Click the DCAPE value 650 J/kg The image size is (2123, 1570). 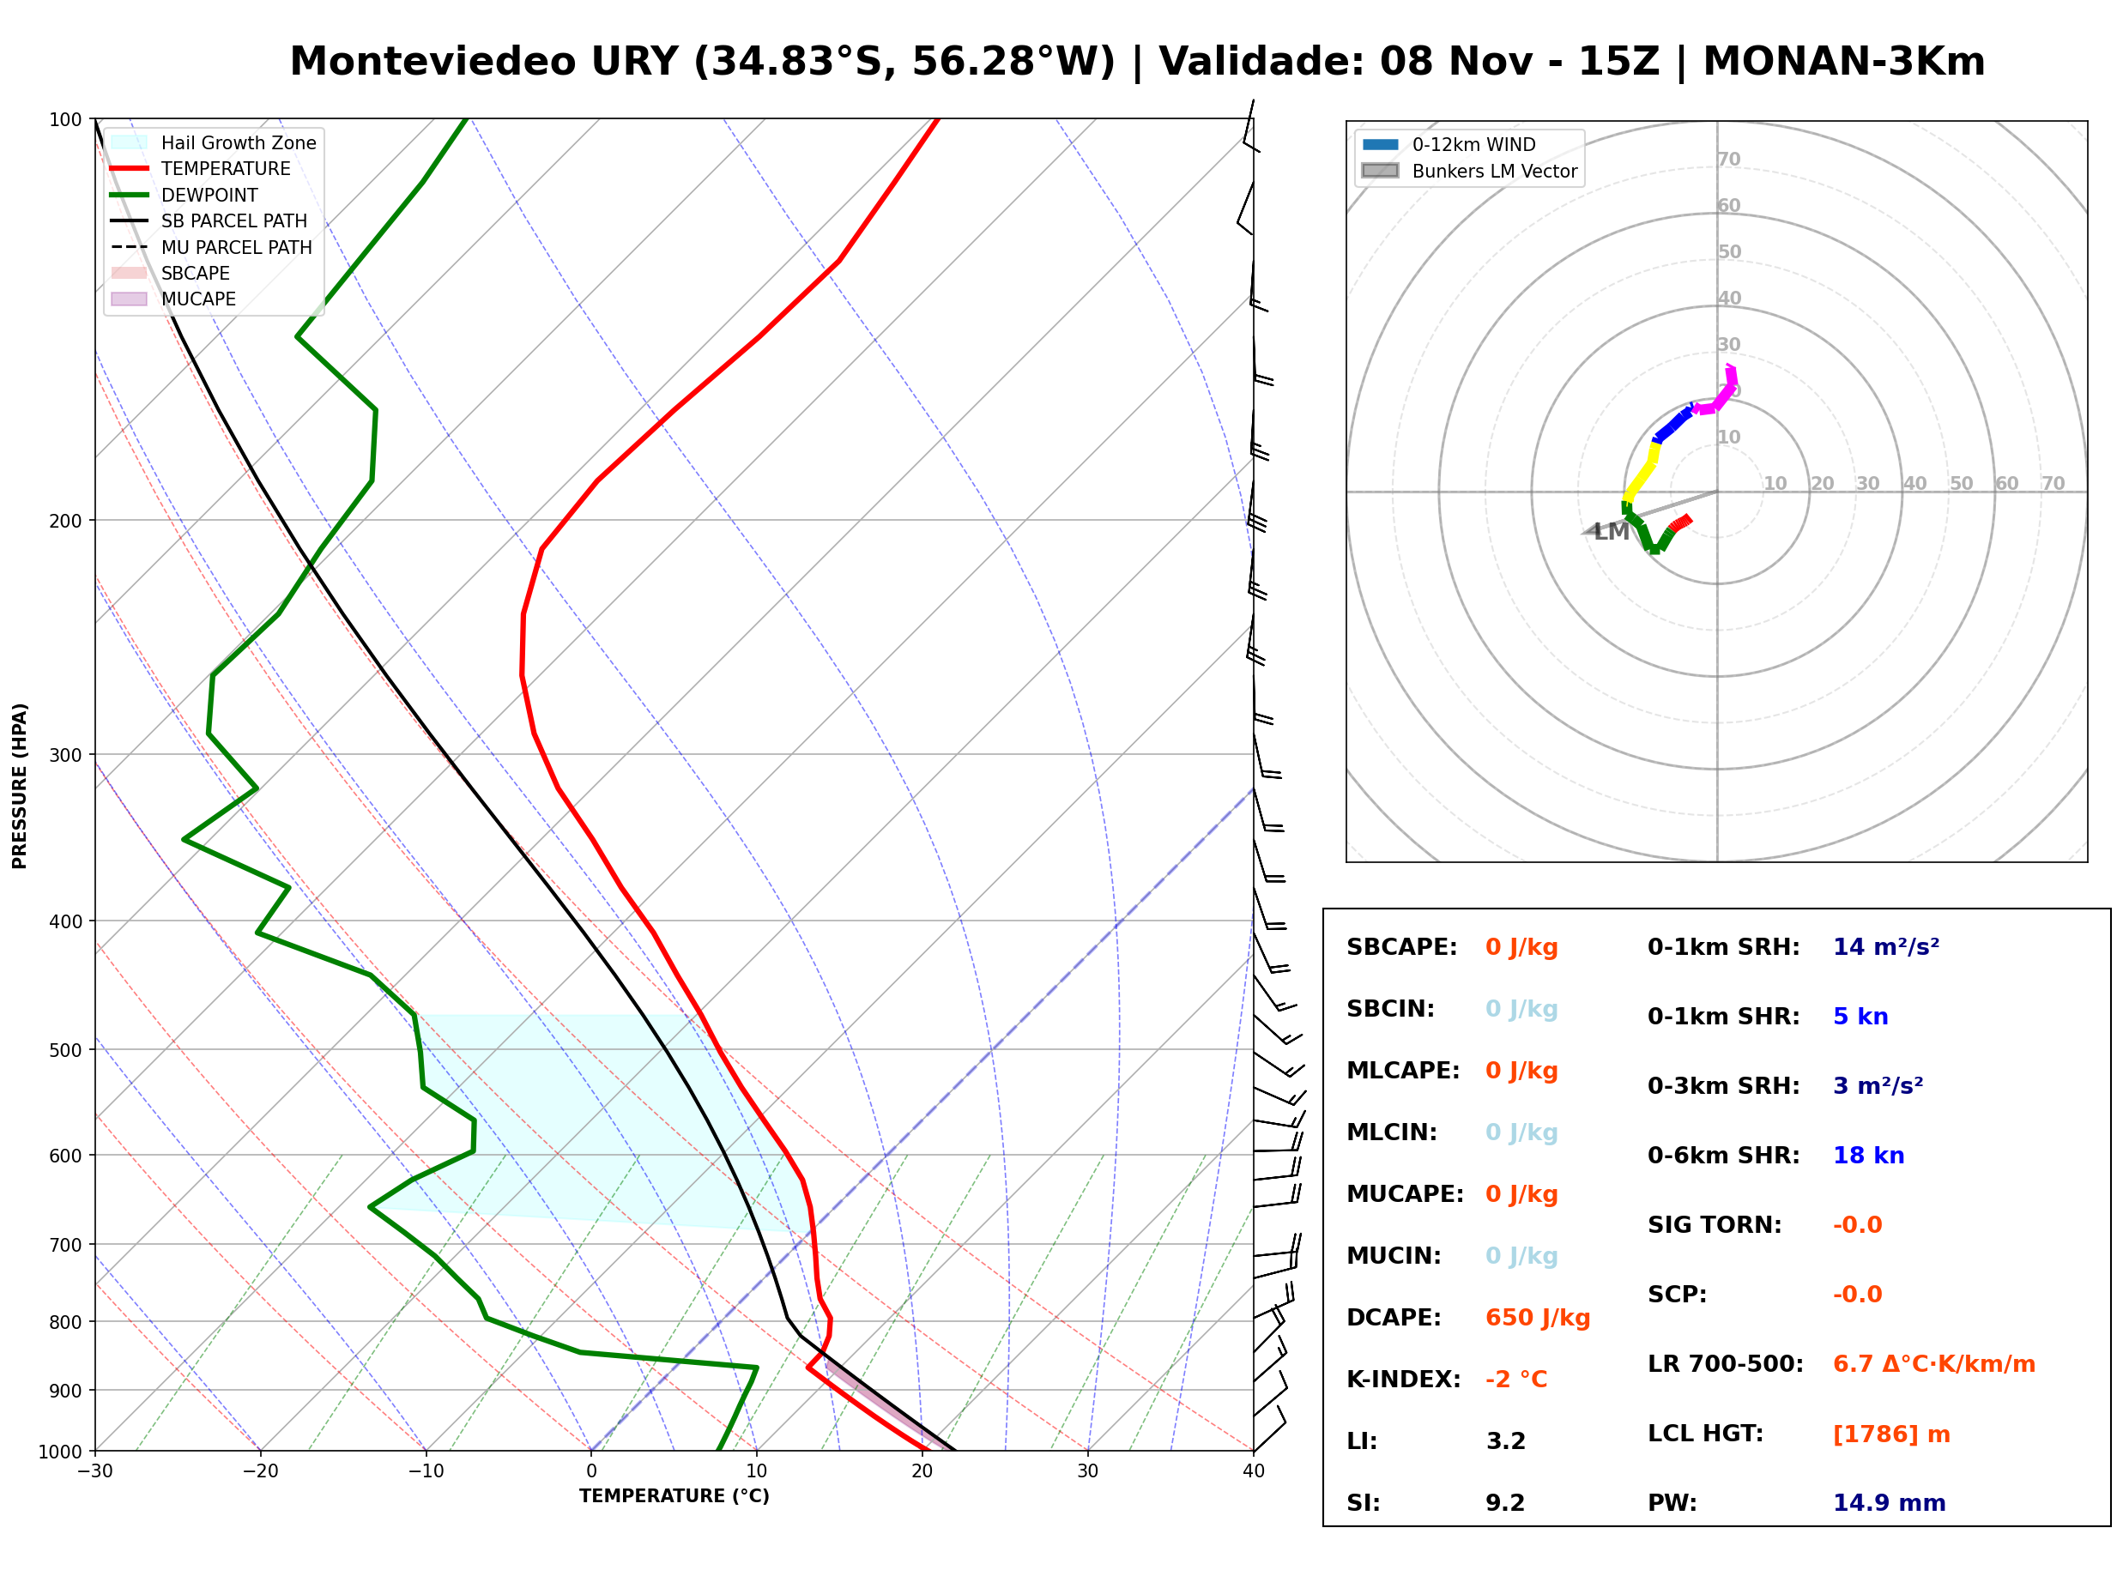coord(1537,1318)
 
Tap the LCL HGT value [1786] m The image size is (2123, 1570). coord(1890,1435)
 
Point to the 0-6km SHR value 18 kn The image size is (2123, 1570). coord(1867,1156)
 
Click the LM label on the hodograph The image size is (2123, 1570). coord(1611,532)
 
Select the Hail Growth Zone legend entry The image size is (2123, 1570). coord(214,142)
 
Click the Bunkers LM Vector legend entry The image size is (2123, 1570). coord(1469,171)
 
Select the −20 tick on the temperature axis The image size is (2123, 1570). coord(259,1472)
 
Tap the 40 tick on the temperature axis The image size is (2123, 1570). coord(1253,1472)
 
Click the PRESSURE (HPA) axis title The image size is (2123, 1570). coord(20,786)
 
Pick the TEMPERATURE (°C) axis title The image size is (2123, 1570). coord(674,1497)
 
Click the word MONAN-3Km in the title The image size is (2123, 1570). coord(1843,62)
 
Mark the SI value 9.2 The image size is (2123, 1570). coord(1505,1503)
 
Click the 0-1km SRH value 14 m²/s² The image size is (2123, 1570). coord(1885,947)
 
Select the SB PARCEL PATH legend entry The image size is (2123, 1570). coord(209,220)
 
